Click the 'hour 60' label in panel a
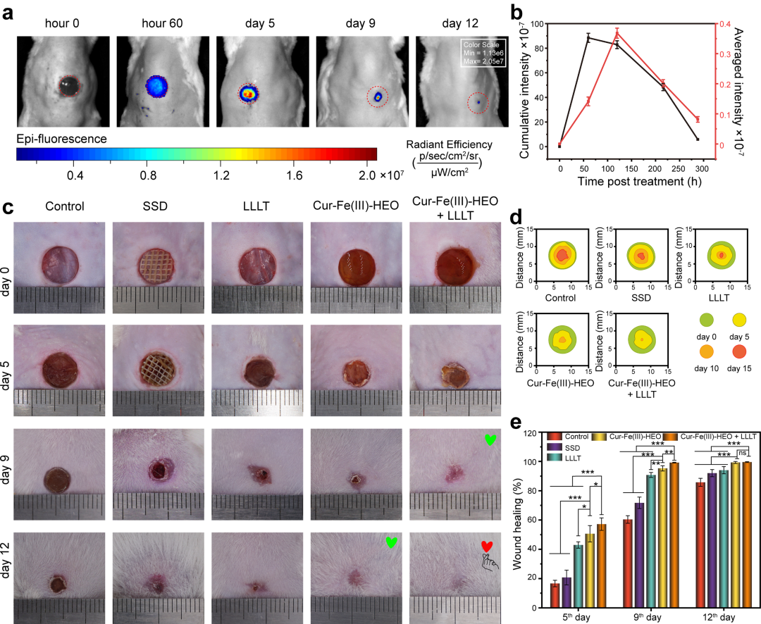tap(162, 23)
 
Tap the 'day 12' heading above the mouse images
tap(459, 23)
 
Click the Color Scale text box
tap(483, 53)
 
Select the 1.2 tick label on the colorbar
tap(221, 175)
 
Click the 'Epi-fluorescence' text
tap(61, 139)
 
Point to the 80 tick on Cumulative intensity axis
tap(538, 49)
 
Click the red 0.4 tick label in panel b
tap(724, 24)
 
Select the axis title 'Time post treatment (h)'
tap(639, 182)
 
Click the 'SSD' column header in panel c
tap(155, 206)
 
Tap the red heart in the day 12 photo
tap(487, 547)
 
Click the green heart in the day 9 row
tap(490, 440)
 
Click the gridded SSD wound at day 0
tap(156, 266)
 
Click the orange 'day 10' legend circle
tap(706, 351)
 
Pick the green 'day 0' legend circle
tap(706, 320)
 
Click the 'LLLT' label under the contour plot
tap(719, 297)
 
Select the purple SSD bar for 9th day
tap(640, 555)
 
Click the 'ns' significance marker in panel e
tap(743, 453)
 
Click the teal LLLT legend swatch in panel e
tap(555, 458)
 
